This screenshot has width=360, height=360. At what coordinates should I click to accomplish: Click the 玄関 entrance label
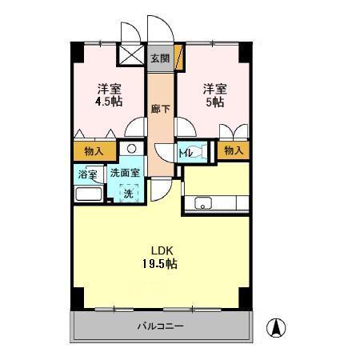160,58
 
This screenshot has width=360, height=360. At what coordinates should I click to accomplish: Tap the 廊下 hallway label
160,109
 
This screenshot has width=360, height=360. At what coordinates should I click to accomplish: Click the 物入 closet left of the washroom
94,150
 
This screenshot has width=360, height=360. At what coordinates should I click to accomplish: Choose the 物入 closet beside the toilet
233,150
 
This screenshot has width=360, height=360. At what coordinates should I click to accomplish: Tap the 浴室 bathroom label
87,174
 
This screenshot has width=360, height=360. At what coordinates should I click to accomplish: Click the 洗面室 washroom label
125,174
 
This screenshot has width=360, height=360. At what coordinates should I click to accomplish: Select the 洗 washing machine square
128,193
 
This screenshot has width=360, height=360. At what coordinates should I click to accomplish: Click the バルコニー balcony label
160,326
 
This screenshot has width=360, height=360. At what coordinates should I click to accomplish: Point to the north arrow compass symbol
276,326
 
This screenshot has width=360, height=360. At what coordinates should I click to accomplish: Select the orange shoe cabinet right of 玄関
178,59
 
